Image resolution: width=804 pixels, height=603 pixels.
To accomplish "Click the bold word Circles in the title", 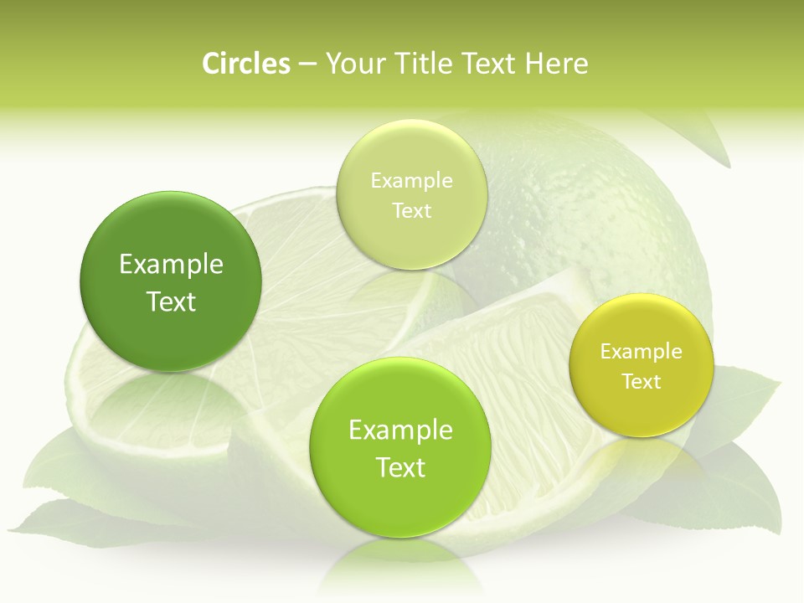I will pyautogui.click(x=246, y=64).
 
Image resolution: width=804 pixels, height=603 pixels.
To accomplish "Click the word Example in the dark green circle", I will pyautogui.click(x=171, y=265).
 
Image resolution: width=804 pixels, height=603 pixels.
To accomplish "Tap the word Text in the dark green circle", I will pyautogui.click(x=171, y=301).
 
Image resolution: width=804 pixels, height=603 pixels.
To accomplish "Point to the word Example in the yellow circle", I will pyautogui.click(x=642, y=352).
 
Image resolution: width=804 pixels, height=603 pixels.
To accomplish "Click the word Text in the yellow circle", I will pyautogui.click(x=642, y=382).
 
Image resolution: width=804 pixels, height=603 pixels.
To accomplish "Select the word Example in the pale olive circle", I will pyautogui.click(x=412, y=181).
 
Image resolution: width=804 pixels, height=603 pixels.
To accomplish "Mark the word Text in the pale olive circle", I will pyautogui.click(x=412, y=211).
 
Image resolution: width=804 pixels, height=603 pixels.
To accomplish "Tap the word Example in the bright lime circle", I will pyautogui.click(x=400, y=430).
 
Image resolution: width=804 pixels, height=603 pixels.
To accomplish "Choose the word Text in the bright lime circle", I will pyautogui.click(x=400, y=467).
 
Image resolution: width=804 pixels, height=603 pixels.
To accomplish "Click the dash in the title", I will pyautogui.click(x=307, y=64).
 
